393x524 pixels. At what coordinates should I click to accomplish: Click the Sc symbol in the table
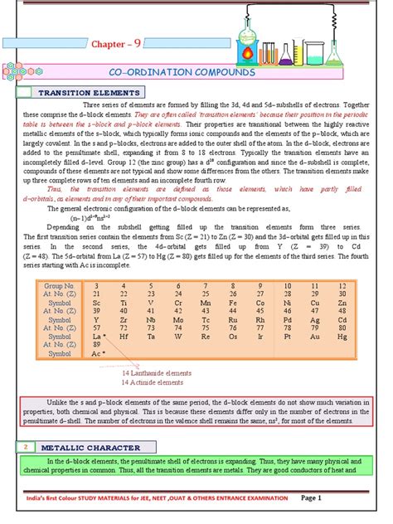coord(98,303)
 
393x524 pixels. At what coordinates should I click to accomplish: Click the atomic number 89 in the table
coord(98,346)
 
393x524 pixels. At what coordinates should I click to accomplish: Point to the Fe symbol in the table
coord(232,303)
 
